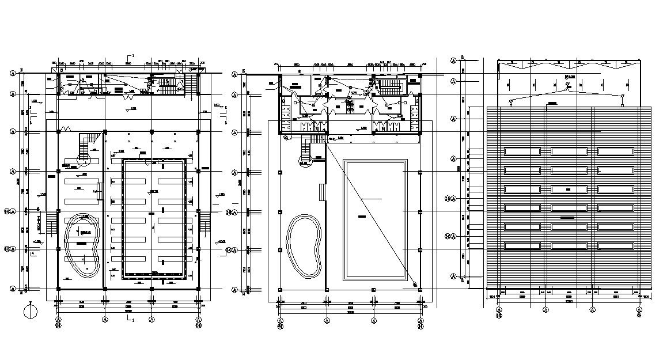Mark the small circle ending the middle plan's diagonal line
(x=414, y=284)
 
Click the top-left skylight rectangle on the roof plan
(x=522, y=151)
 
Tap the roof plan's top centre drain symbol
(x=567, y=85)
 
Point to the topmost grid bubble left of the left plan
(x=13, y=73)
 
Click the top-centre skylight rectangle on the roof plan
(x=569, y=151)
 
